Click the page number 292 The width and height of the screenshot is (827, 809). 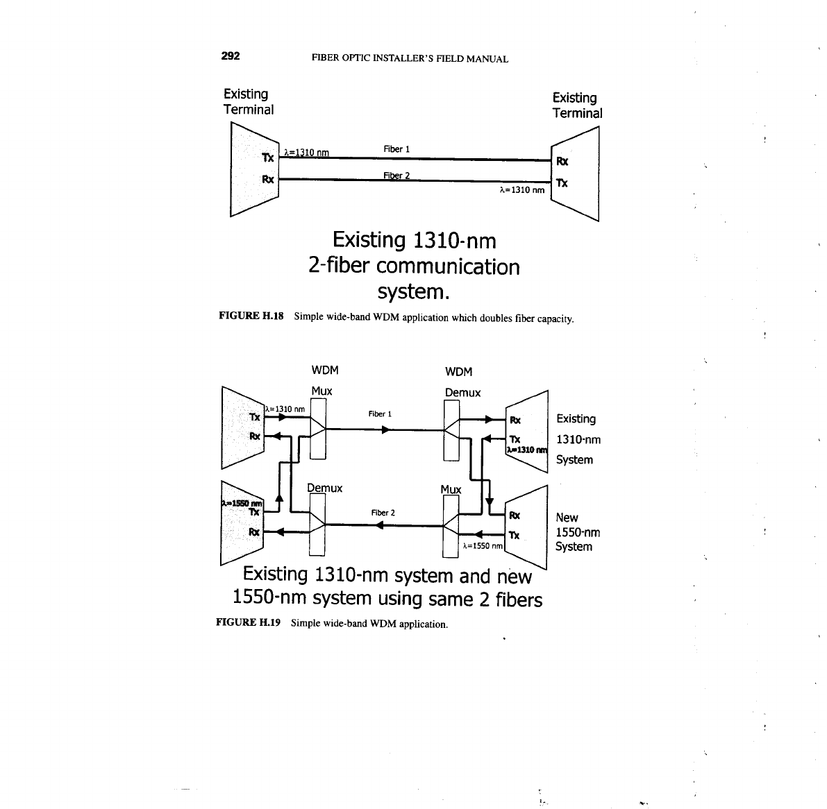click(x=231, y=57)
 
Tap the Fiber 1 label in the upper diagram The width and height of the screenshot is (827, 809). click(x=396, y=149)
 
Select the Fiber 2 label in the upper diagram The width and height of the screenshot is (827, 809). click(x=396, y=175)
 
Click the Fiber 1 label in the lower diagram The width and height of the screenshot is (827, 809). click(x=381, y=414)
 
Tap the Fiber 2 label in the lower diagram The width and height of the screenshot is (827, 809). click(x=383, y=513)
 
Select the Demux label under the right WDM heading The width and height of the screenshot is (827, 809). click(x=462, y=393)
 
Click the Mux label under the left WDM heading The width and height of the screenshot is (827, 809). click(x=321, y=391)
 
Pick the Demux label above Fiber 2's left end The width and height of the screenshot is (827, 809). click(x=324, y=488)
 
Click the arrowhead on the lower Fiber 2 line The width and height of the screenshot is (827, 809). click(x=378, y=526)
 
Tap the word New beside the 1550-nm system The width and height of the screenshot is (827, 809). click(x=567, y=518)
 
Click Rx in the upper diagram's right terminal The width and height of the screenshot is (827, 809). click(x=562, y=162)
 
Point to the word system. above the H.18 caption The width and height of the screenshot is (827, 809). click(x=413, y=292)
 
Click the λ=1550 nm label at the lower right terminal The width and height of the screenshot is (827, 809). click(x=482, y=546)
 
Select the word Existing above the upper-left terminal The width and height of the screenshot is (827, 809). click(x=246, y=94)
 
